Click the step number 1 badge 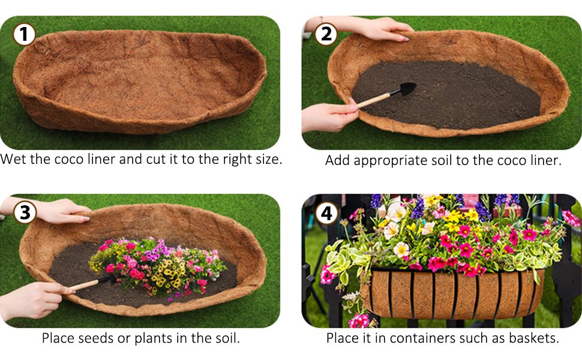click(x=24, y=34)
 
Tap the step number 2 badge click(x=326, y=34)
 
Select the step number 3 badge click(x=24, y=212)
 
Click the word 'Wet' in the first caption click(x=14, y=160)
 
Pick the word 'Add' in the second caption click(x=338, y=160)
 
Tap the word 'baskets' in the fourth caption click(x=533, y=338)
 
